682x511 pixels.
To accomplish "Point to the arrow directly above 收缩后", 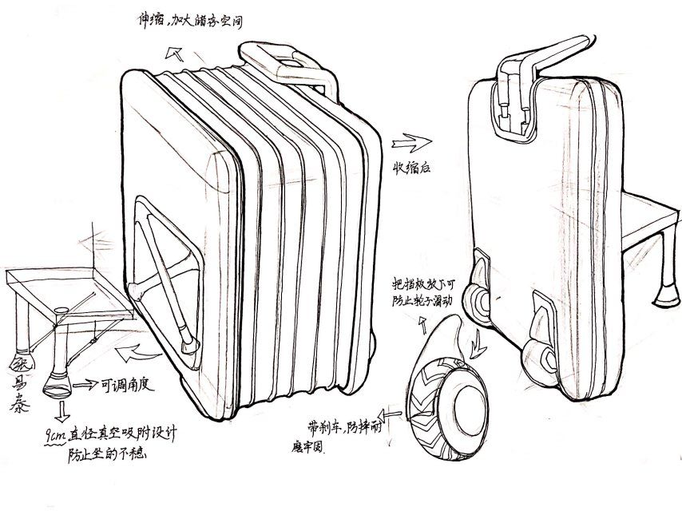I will [410, 142].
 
